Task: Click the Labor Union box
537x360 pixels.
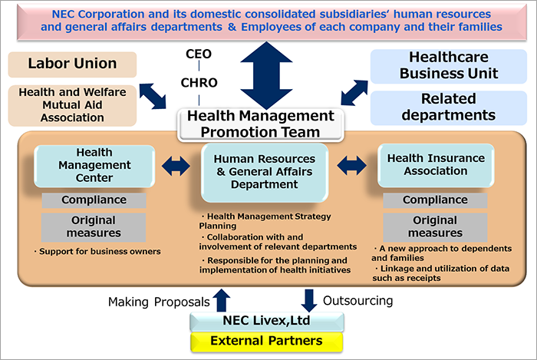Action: [x=72, y=64]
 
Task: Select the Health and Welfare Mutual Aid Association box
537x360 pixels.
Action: [x=72, y=105]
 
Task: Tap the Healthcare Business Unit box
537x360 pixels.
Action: [x=449, y=66]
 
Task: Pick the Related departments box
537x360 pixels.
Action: [x=449, y=107]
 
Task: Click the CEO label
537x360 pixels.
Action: [x=199, y=54]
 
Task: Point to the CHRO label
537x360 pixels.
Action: [x=199, y=83]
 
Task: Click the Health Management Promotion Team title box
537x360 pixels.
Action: [x=261, y=124]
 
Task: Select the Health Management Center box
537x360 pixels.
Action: [x=94, y=166]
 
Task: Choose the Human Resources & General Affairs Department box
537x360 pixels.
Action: [x=265, y=172]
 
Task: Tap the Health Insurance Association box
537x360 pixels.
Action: [x=436, y=165]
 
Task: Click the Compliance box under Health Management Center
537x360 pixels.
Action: [x=94, y=200]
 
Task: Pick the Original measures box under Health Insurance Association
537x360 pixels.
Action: [x=435, y=227]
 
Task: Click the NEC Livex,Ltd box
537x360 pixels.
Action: [x=267, y=322]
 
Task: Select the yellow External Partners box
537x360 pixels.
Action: [x=267, y=342]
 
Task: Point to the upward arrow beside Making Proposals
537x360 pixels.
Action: [x=222, y=300]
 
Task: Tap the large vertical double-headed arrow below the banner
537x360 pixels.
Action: [x=266, y=76]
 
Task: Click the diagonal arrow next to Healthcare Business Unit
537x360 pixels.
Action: [x=354, y=93]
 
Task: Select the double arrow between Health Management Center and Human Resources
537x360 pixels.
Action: [x=176, y=166]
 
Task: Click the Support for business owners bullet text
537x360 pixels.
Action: [x=97, y=252]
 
